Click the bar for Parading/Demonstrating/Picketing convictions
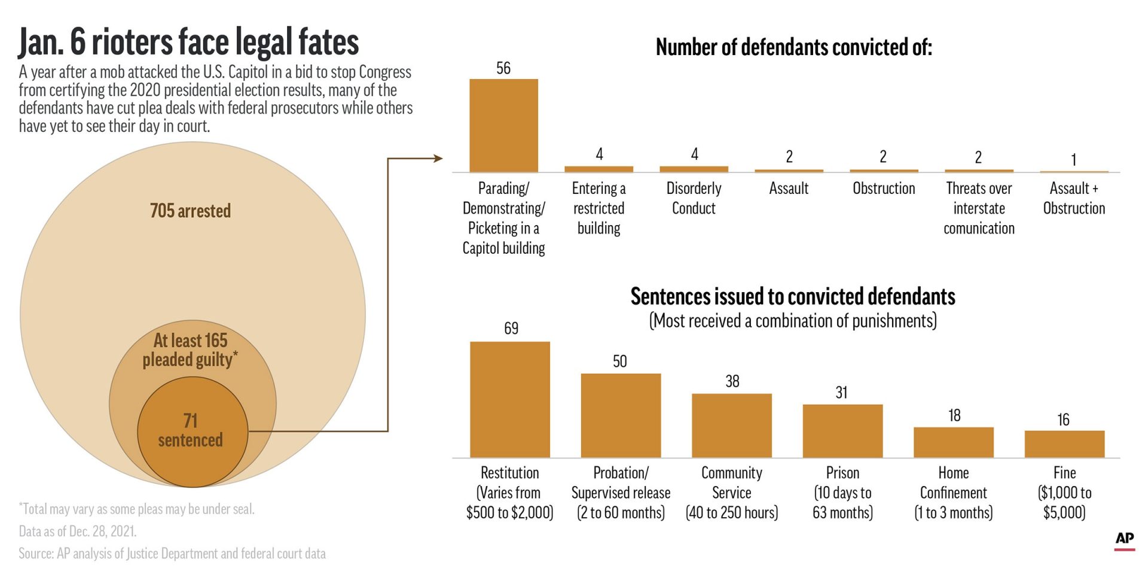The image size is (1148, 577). pyautogui.click(x=503, y=126)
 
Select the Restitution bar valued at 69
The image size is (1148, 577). pyautogui.click(x=509, y=399)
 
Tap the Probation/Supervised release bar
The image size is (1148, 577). pyautogui.click(x=621, y=415)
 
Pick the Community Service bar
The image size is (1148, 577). pyautogui.click(x=731, y=426)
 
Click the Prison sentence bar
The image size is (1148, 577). pyautogui.click(x=842, y=431)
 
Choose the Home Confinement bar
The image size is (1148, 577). pyautogui.click(x=953, y=442)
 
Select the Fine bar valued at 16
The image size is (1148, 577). pyautogui.click(x=1064, y=444)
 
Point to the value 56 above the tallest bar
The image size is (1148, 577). pyautogui.click(x=503, y=68)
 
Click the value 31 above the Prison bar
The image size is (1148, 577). pyautogui.click(x=841, y=393)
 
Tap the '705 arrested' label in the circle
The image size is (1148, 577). pyautogui.click(x=190, y=211)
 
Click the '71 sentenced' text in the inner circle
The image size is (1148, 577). pyautogui.click(x=190, y=430)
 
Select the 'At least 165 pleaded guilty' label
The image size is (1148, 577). pyautogui.click(x=190, y=350)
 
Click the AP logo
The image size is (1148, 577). pyautogui.click(x=1125, y=539)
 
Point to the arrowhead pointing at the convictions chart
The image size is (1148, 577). pyautogui.click(x=438, y=159)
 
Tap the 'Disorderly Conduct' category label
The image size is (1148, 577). pyautogui.click(x=694, y=198)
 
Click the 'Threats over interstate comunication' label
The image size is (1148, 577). pyautogui.click(x=979, y=208)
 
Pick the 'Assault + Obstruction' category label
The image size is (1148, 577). pyautogui.click(x=1074, y=198)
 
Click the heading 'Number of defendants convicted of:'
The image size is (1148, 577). pyautogui.click(x=793, y=47)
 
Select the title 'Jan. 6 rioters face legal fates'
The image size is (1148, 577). pyautogui.click(x=188, y=42)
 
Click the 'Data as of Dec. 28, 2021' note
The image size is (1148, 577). pyautogui.click(x=78, y=532)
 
